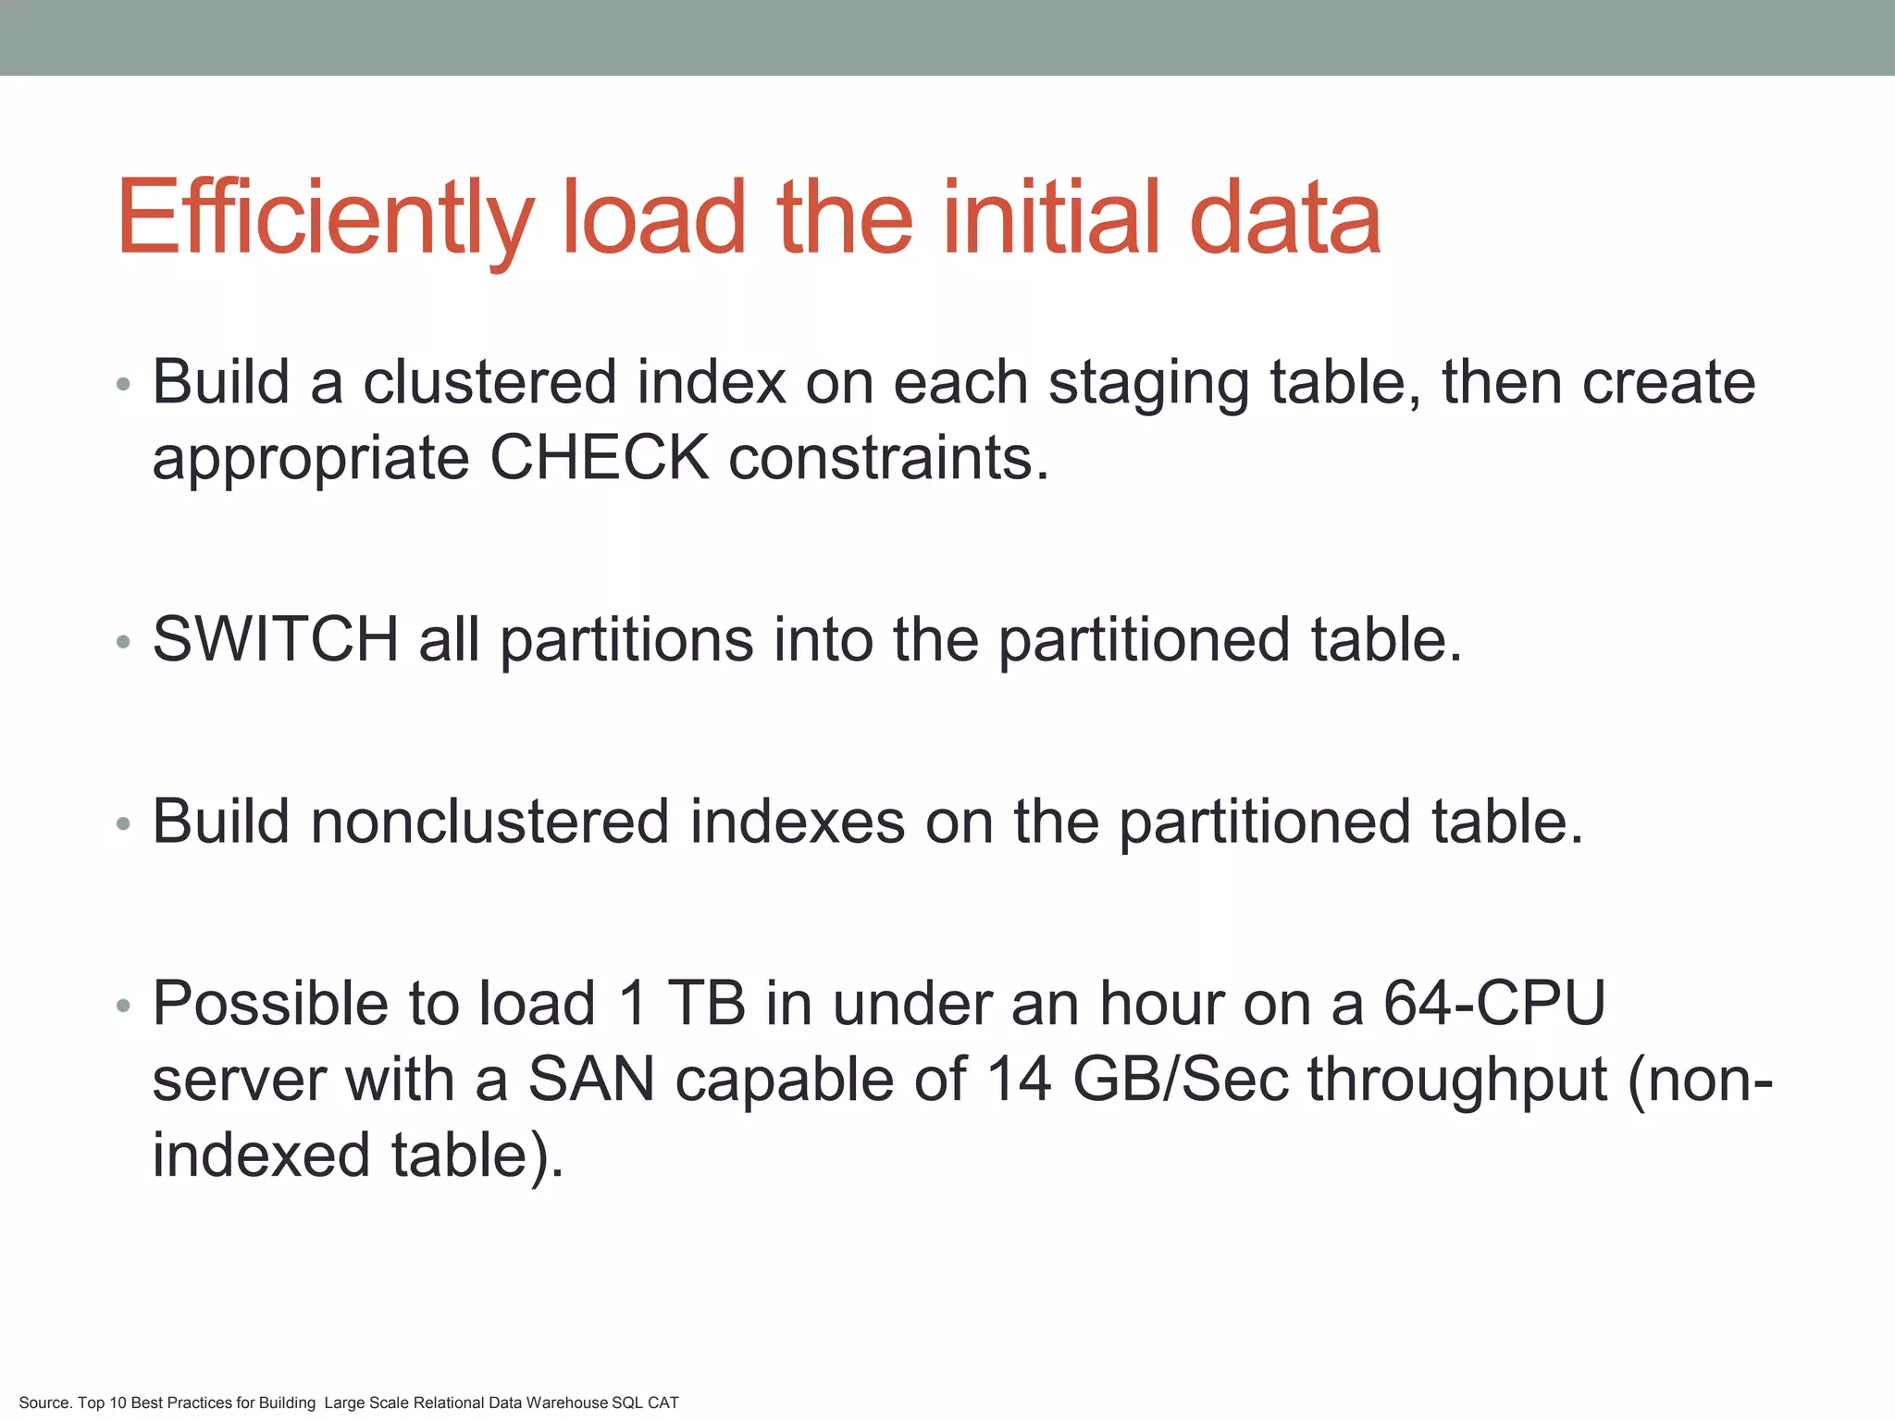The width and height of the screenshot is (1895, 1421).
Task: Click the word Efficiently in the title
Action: pos(325,218)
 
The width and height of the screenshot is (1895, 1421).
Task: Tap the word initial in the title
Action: pos(1055,218)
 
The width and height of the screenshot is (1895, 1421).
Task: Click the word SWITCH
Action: pos(276,639)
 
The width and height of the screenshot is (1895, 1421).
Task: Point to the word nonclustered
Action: pos(489,822)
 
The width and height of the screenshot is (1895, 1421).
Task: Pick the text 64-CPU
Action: pos(1494,1004)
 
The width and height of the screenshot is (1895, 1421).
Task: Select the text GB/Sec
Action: pos(1181,1080)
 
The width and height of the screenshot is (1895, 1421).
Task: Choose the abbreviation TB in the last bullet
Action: pos(706,1004)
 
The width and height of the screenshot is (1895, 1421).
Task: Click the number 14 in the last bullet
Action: pos(1019,1080)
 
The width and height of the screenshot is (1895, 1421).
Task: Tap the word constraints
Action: pos(888,459)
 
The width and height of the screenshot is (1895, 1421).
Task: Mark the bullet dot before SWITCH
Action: pos(124,641)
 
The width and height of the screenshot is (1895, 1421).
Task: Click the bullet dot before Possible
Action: pos(124,1006)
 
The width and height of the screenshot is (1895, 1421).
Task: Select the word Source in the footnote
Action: pos(44,1403)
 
